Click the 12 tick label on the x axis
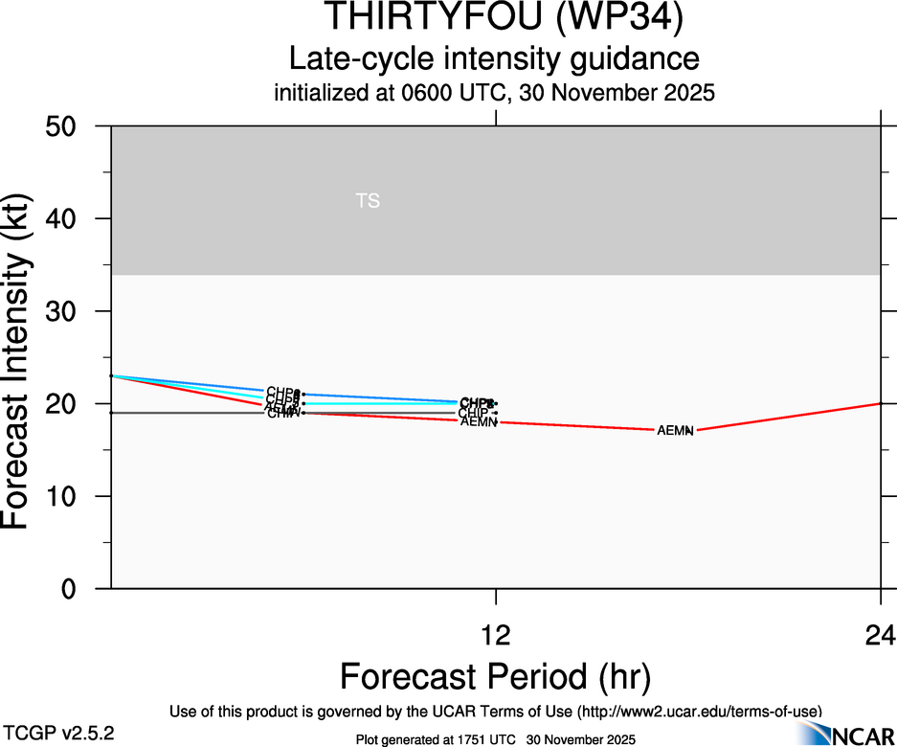496,635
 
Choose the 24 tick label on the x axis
880,635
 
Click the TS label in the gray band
368,201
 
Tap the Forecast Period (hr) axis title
495,677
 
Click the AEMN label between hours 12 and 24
675,431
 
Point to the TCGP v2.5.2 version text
59,733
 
